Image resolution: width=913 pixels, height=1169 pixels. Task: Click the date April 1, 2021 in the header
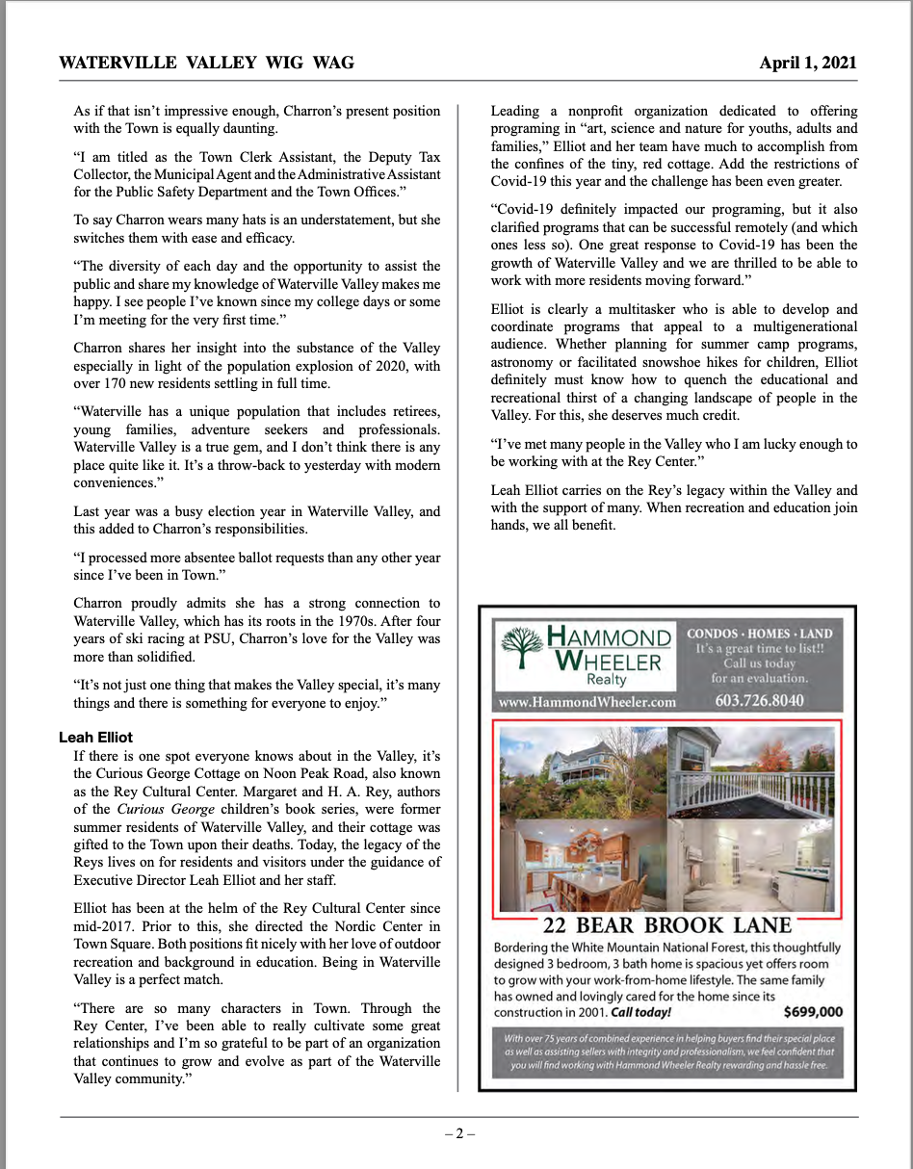(807, 64)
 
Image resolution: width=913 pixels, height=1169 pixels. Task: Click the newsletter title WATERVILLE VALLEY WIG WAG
(206, 64)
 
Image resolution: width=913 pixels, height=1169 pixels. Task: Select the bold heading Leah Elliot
(95, 737)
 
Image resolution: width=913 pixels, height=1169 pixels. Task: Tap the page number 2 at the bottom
(459, 1133)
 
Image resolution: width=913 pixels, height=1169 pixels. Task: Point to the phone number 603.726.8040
(759, 700)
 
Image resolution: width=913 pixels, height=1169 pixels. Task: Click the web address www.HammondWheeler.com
(587, 702)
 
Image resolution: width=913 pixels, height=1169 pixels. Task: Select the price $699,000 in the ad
(813, 1011)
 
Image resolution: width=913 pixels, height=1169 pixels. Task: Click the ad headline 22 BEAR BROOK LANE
(666, 926)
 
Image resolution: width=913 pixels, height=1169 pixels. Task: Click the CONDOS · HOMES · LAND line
(759, 634)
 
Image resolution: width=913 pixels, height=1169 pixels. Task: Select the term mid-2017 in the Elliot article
(104, 926)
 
